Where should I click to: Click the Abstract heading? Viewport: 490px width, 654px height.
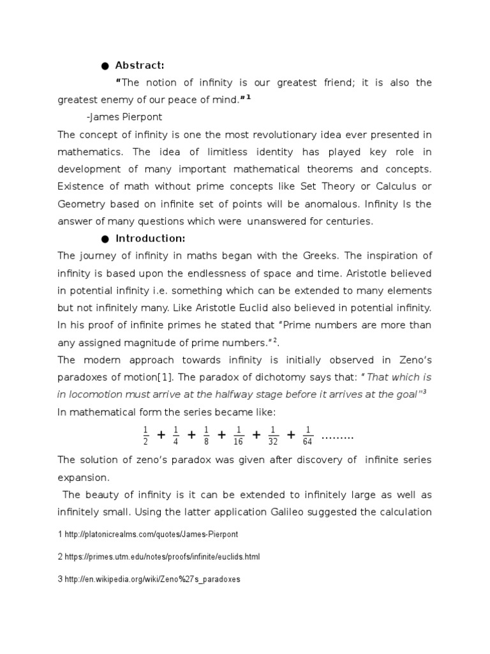(140, 65)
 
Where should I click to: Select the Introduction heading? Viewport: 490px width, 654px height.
(150, 238)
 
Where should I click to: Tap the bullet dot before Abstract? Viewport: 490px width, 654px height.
(105, 66)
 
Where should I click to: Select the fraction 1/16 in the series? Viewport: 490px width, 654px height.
(239, 436)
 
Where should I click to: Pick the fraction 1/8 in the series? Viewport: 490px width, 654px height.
(206, 436)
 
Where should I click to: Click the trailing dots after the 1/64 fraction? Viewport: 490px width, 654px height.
(338, 437)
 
